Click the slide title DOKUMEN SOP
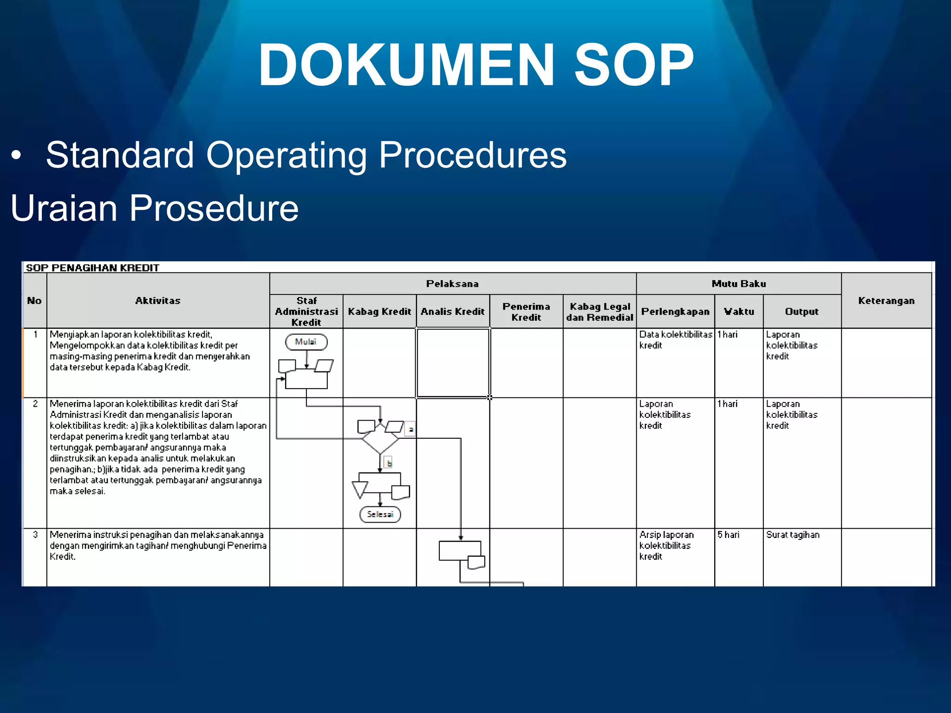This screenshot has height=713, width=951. pos(475,65)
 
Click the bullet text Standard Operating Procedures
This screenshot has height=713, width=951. pos(306,155)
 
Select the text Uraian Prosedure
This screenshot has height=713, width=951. pos(155,207)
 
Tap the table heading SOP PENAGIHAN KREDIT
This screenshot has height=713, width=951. pos(92,268)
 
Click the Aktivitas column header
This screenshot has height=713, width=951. pos(158,300)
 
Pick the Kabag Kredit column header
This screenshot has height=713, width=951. pos(379,311)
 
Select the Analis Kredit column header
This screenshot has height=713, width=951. pos(453,311)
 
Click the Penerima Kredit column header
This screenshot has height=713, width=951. pos(526,311)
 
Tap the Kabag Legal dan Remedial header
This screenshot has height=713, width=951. pos(599,311)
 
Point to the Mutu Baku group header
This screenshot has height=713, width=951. pos(738,284)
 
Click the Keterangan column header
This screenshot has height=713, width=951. pos(886,300)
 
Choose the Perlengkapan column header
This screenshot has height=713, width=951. pos(675,311)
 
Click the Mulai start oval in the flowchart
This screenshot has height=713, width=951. pos(306,342)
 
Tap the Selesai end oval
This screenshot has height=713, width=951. pos(380,514)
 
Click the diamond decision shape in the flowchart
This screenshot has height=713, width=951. pos(380,439)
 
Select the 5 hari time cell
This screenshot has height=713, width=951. pos(728,535)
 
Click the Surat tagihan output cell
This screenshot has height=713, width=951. pos(793,535)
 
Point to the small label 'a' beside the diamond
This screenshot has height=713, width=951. pos(410,429)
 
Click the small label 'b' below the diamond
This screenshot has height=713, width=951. pos(389,463)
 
